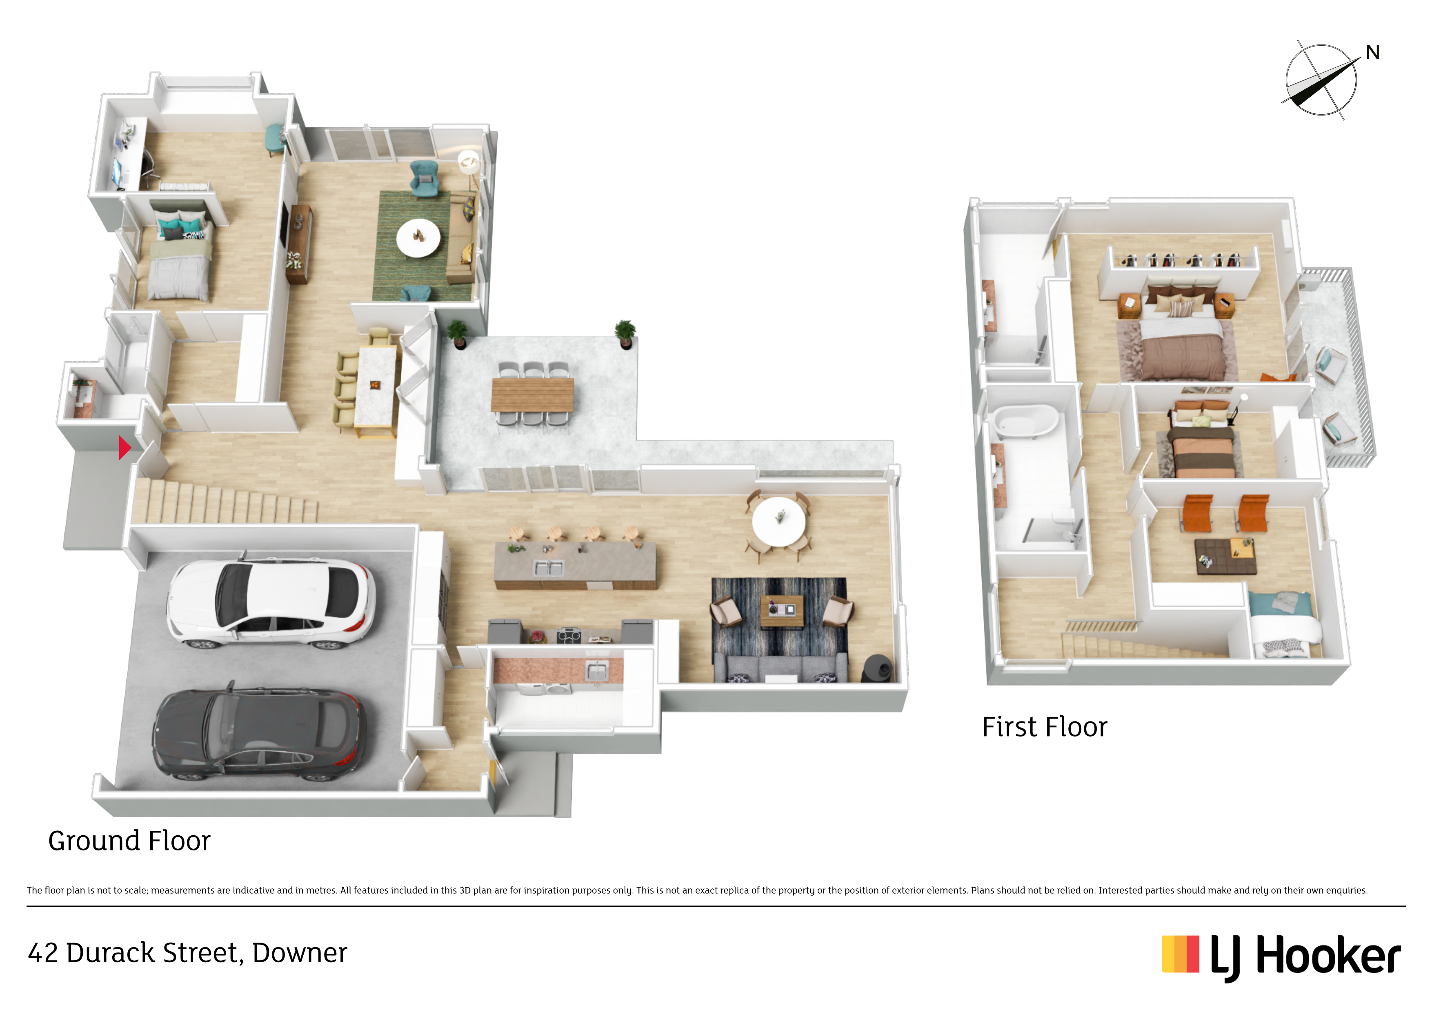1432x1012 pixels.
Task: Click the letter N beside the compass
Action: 1373,52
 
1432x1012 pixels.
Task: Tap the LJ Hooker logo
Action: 1281,957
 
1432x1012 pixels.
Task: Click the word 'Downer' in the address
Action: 299,953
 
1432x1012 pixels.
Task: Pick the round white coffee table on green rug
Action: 418,237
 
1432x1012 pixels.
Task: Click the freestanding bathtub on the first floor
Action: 1025,420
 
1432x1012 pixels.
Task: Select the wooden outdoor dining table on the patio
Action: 532,395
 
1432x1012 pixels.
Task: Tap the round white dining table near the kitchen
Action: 778,521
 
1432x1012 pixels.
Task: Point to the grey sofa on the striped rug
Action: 780,668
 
